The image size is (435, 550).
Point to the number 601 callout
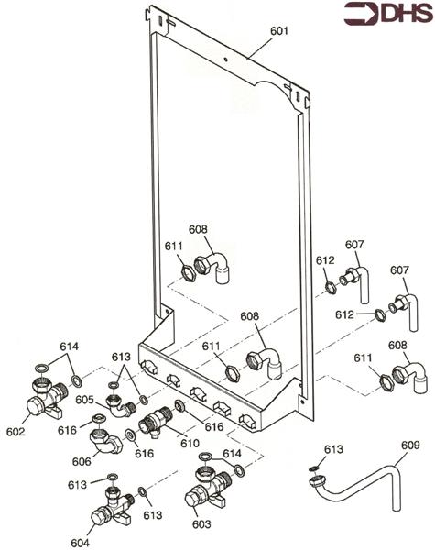coord(278,30)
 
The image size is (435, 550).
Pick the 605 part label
coord(84,400)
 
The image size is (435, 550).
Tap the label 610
coord(190,444)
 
